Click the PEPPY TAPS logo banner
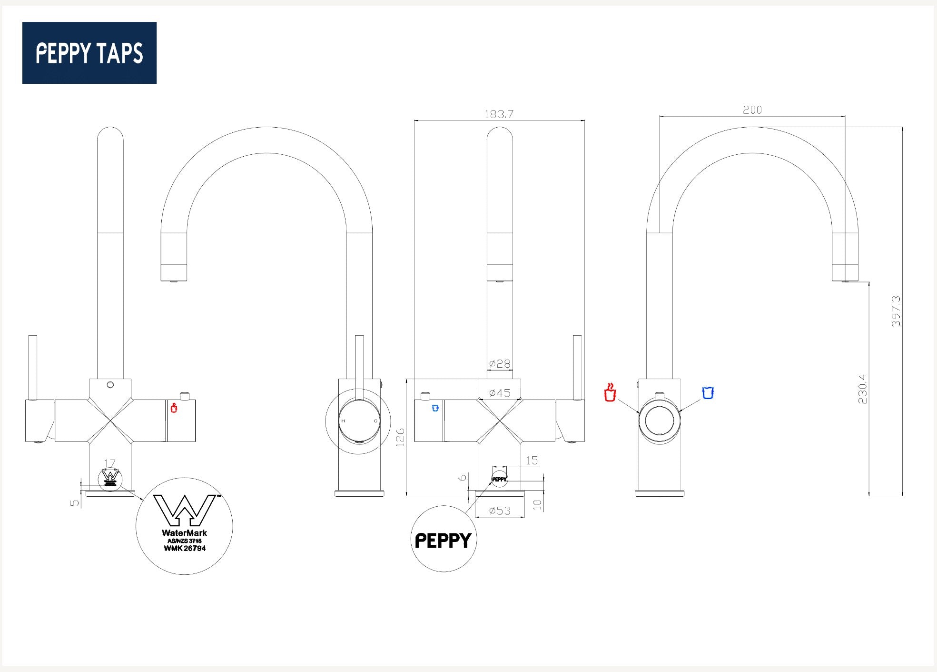[x=89, y=53]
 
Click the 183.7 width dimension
[x=499, y=114]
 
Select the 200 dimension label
[x=752, y=110]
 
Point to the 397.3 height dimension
[x=896, y=311]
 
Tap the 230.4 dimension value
[x=863, y=389]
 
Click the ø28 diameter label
[x=500, y=364]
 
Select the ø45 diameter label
[x=500, y=393]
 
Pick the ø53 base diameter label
[x=500, y=511]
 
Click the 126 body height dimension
[x=400, y=437]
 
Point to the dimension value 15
[x=532, y=461]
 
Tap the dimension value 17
[x=110, y=463]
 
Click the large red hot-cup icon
[x=610, y=392]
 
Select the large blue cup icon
[x=708, y=392]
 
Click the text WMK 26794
[x=185, y=548]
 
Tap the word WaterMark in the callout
[x=184, y=533]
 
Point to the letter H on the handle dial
[x=343, y=421]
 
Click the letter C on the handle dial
[x=375, y=421]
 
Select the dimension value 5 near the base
[x=75, y=502]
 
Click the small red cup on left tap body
[x=174, y=408]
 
